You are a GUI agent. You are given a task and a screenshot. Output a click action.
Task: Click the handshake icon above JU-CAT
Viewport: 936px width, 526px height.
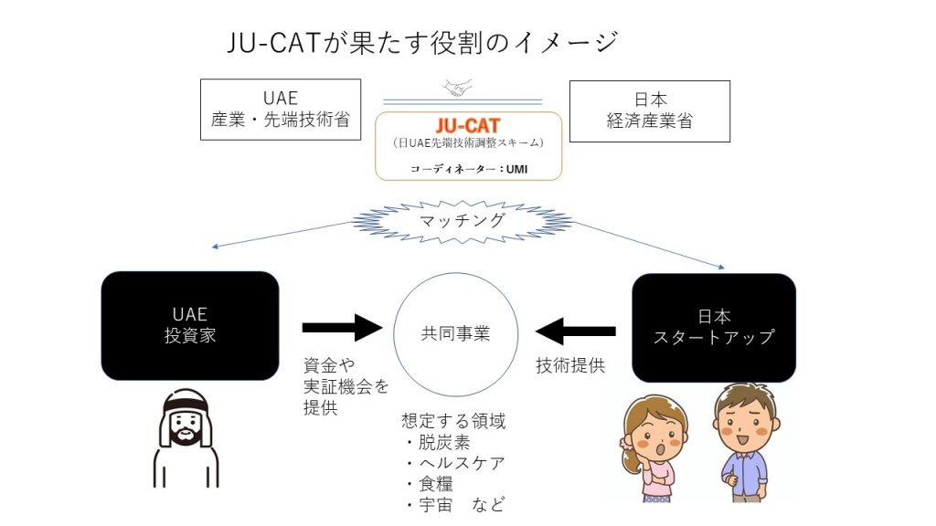point(458,88)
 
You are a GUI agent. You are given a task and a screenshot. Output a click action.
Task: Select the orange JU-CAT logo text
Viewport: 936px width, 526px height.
point(468,125)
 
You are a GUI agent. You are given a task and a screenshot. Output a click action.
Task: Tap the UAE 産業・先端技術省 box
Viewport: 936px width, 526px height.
point(281,110)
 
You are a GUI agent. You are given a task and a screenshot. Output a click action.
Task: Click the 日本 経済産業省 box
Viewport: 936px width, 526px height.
point(650,110)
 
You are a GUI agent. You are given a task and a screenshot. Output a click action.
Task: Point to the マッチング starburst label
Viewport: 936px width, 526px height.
point(462,221)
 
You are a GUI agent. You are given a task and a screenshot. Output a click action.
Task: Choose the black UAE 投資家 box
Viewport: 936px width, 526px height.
point(190,326)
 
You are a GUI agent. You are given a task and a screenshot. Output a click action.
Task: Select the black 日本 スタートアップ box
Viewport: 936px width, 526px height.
point(714,328)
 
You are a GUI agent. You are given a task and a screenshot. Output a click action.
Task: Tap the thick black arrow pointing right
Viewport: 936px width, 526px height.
point(342,328)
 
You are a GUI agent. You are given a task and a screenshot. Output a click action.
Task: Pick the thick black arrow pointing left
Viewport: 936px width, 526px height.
point(576,331)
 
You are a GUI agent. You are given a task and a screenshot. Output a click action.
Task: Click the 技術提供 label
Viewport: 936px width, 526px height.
point(570,365)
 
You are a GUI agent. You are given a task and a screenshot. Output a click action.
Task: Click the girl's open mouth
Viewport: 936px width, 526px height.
point(660,450)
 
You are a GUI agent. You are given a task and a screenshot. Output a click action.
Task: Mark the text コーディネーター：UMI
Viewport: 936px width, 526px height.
point(469,169)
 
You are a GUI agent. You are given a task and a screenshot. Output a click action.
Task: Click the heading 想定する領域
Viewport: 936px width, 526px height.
point(453,421)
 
